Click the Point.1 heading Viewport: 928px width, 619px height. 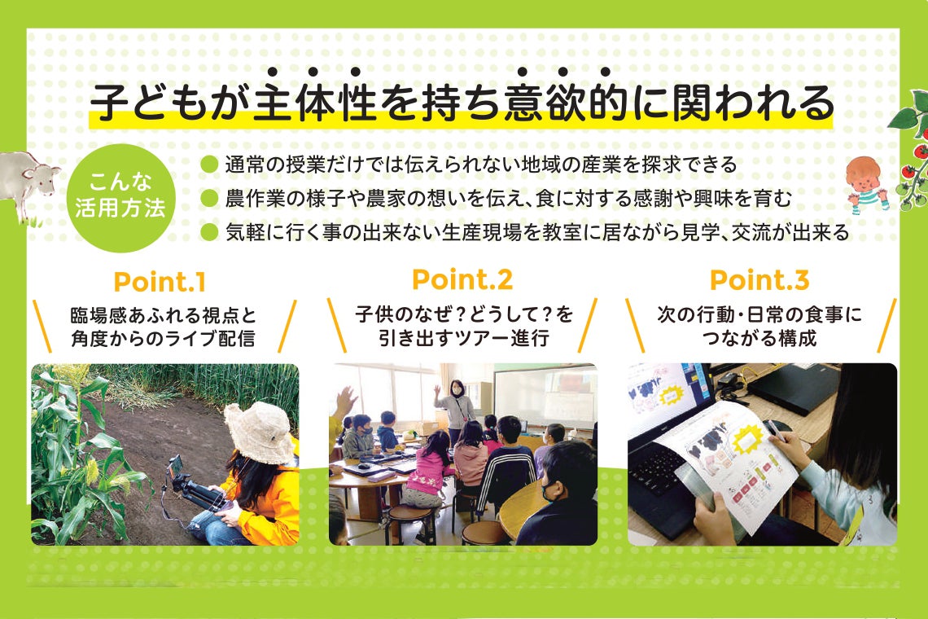point(160,283)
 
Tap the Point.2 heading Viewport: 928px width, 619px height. point(462,279)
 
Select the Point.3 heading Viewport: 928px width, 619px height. point(759,280)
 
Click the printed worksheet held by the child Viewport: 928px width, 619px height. point(729,472)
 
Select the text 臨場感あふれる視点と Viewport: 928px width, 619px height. point(163,315)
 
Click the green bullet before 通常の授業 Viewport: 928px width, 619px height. point(209,165)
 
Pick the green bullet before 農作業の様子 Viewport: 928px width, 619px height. point(209,198)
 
